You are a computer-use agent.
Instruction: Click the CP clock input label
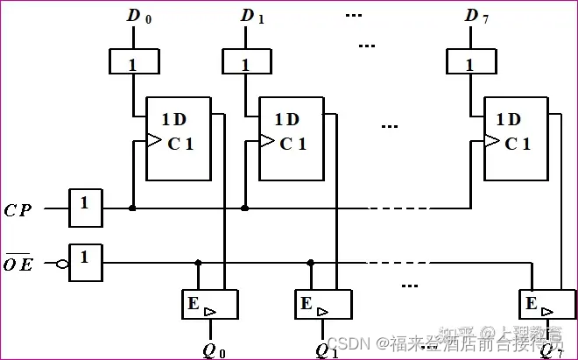18,209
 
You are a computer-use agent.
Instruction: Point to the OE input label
18,261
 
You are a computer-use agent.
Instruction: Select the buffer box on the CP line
86,205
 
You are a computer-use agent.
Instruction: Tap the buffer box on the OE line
86,258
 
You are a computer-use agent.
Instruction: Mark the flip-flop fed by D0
180,138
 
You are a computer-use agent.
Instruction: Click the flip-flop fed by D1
293,138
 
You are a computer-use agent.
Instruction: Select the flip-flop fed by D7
517,138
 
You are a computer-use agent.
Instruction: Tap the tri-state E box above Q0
208,304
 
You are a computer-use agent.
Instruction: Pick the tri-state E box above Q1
321,304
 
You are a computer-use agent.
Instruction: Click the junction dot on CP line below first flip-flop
132,208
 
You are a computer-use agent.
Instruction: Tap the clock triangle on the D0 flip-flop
153,140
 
